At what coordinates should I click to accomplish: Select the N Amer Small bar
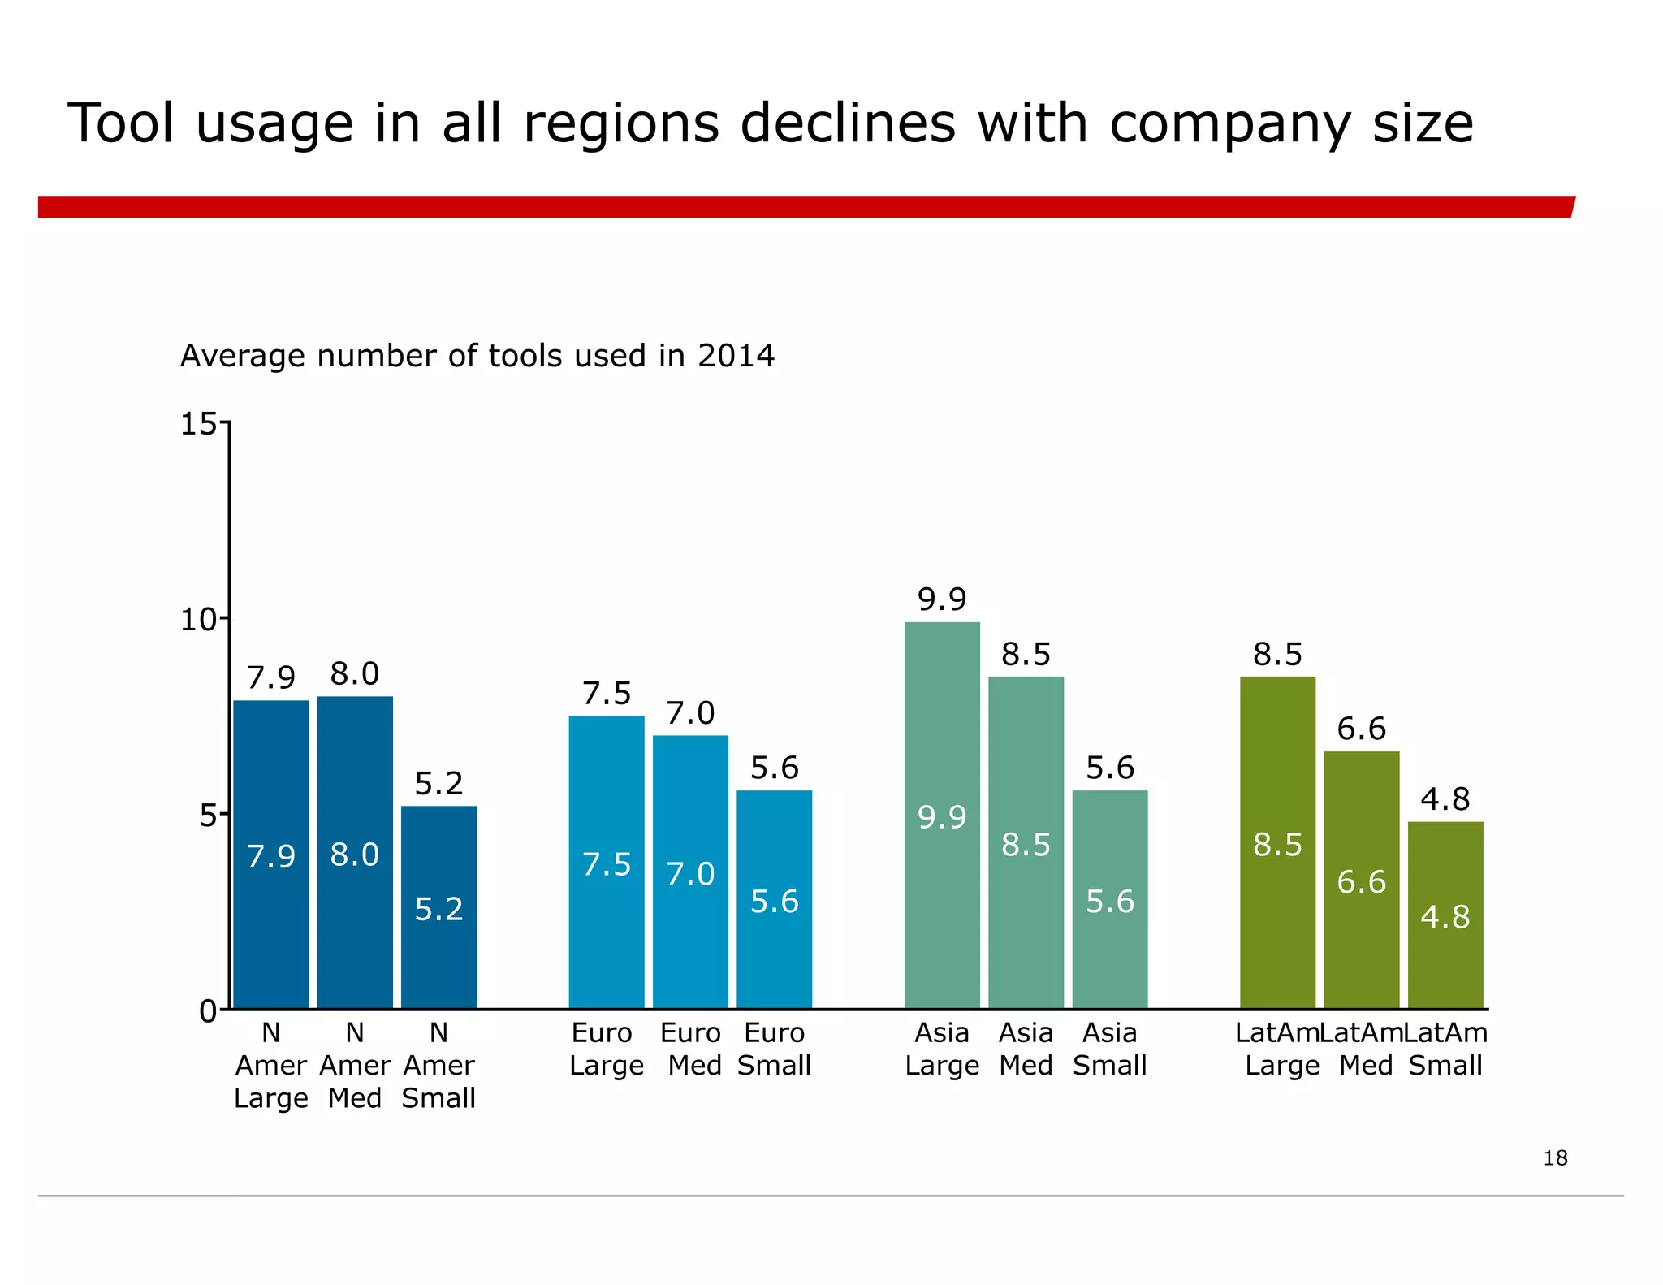(438, 907)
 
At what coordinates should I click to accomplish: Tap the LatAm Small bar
(1445, 915)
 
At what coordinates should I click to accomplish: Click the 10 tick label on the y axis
(197, 620)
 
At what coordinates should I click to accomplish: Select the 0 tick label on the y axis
(207, 1011)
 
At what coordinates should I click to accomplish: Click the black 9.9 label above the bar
(942, 599)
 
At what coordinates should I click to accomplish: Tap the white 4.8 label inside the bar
(1445, 917)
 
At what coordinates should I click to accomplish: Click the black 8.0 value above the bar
(355, 674)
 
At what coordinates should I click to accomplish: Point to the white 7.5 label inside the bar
(607, 864)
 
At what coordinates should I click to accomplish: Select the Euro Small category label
(774, 1049)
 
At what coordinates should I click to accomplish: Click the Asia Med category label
(1026, 1049)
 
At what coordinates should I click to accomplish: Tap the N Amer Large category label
(271, 1065)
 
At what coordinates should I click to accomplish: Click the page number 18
(1555, 1157)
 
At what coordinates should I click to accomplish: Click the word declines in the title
(848, 124)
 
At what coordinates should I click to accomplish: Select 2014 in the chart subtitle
(736, 356)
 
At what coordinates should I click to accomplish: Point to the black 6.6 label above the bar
(1361, 729)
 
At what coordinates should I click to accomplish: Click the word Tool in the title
(121, 124)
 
